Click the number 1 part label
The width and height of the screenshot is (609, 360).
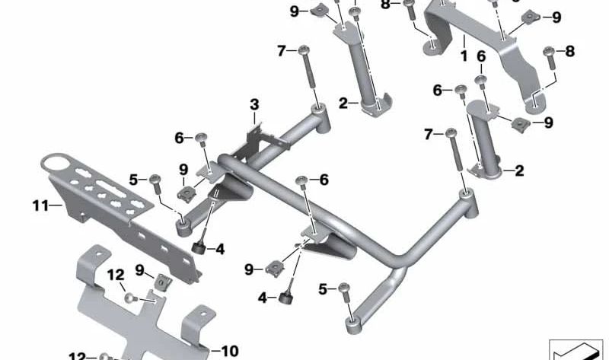tap(464, 56)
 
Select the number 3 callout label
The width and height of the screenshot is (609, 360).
tap(254, 104)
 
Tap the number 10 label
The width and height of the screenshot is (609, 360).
tap(230, 351)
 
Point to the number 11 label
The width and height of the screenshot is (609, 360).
tap(40, 205)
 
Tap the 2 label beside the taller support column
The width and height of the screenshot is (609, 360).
tap(343, 104)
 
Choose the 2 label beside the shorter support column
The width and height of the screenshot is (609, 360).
tap(519, 170)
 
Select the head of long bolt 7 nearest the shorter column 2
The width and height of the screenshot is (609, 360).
tap(451, 133)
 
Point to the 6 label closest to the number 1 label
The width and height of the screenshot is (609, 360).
tap(481, 56)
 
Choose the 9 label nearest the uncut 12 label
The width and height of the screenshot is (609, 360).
tap(140, 270)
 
